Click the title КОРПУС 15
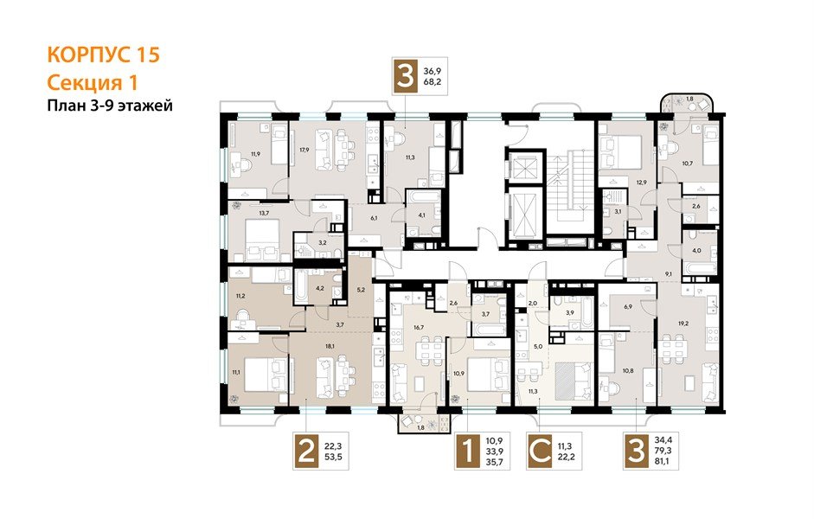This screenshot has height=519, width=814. click(103, 54)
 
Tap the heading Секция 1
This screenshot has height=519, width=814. click(92, 82)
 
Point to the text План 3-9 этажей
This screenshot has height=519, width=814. click(110, 106)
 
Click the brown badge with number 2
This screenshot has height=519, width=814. click(306, 451)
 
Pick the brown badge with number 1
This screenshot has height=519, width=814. click(468, 451)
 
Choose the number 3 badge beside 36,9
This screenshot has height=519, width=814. click(406, 76)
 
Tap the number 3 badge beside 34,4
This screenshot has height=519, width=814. click(637, 451)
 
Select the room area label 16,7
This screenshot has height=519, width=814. click(419, 328)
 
